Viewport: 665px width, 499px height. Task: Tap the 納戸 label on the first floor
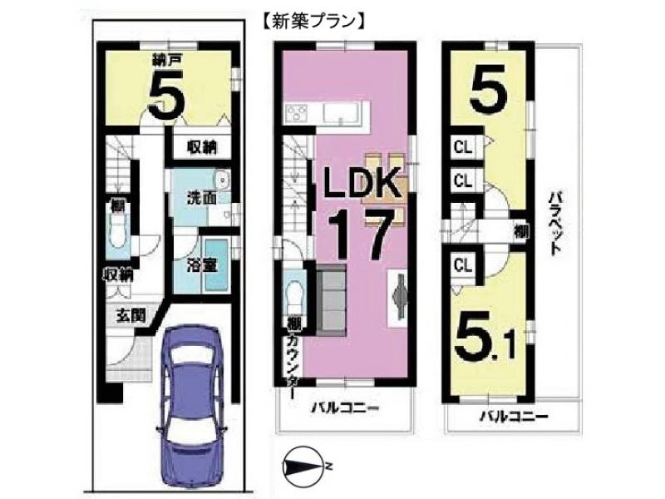click(168, 61)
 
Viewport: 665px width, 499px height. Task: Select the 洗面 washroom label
click(202, 199)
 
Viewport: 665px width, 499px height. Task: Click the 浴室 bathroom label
click(202, 265)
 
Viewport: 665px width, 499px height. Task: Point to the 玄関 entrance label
click(131, 316)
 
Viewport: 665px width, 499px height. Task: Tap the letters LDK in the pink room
click(362, 182)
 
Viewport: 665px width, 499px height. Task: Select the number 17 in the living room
click(359, 236)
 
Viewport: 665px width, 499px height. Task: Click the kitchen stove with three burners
click(298, 113)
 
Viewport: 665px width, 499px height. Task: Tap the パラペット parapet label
click(554, 223)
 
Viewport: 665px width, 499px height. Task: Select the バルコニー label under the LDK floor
click(345, 408)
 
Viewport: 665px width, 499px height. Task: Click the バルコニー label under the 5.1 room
click(514, 417)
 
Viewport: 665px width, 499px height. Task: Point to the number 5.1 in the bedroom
click(485, 338)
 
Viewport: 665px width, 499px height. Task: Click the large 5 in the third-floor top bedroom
click(488, 87)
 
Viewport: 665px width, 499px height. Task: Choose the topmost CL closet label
click(463, 148)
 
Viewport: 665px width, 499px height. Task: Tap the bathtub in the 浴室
click(217, 265)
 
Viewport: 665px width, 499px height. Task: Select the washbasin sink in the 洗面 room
click(221, 180)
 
